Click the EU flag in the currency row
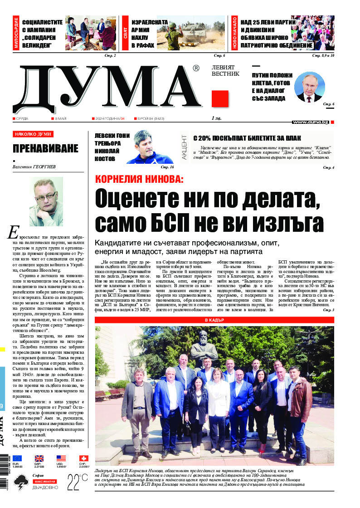point(17,459)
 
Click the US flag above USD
point(61,459)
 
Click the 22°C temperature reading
point(78,481)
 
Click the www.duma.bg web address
point(310,122)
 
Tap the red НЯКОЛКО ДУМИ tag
point(33,134)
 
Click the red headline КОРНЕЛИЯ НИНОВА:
point(139,179)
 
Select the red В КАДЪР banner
point(214,320)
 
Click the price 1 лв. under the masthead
point(216,119)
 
